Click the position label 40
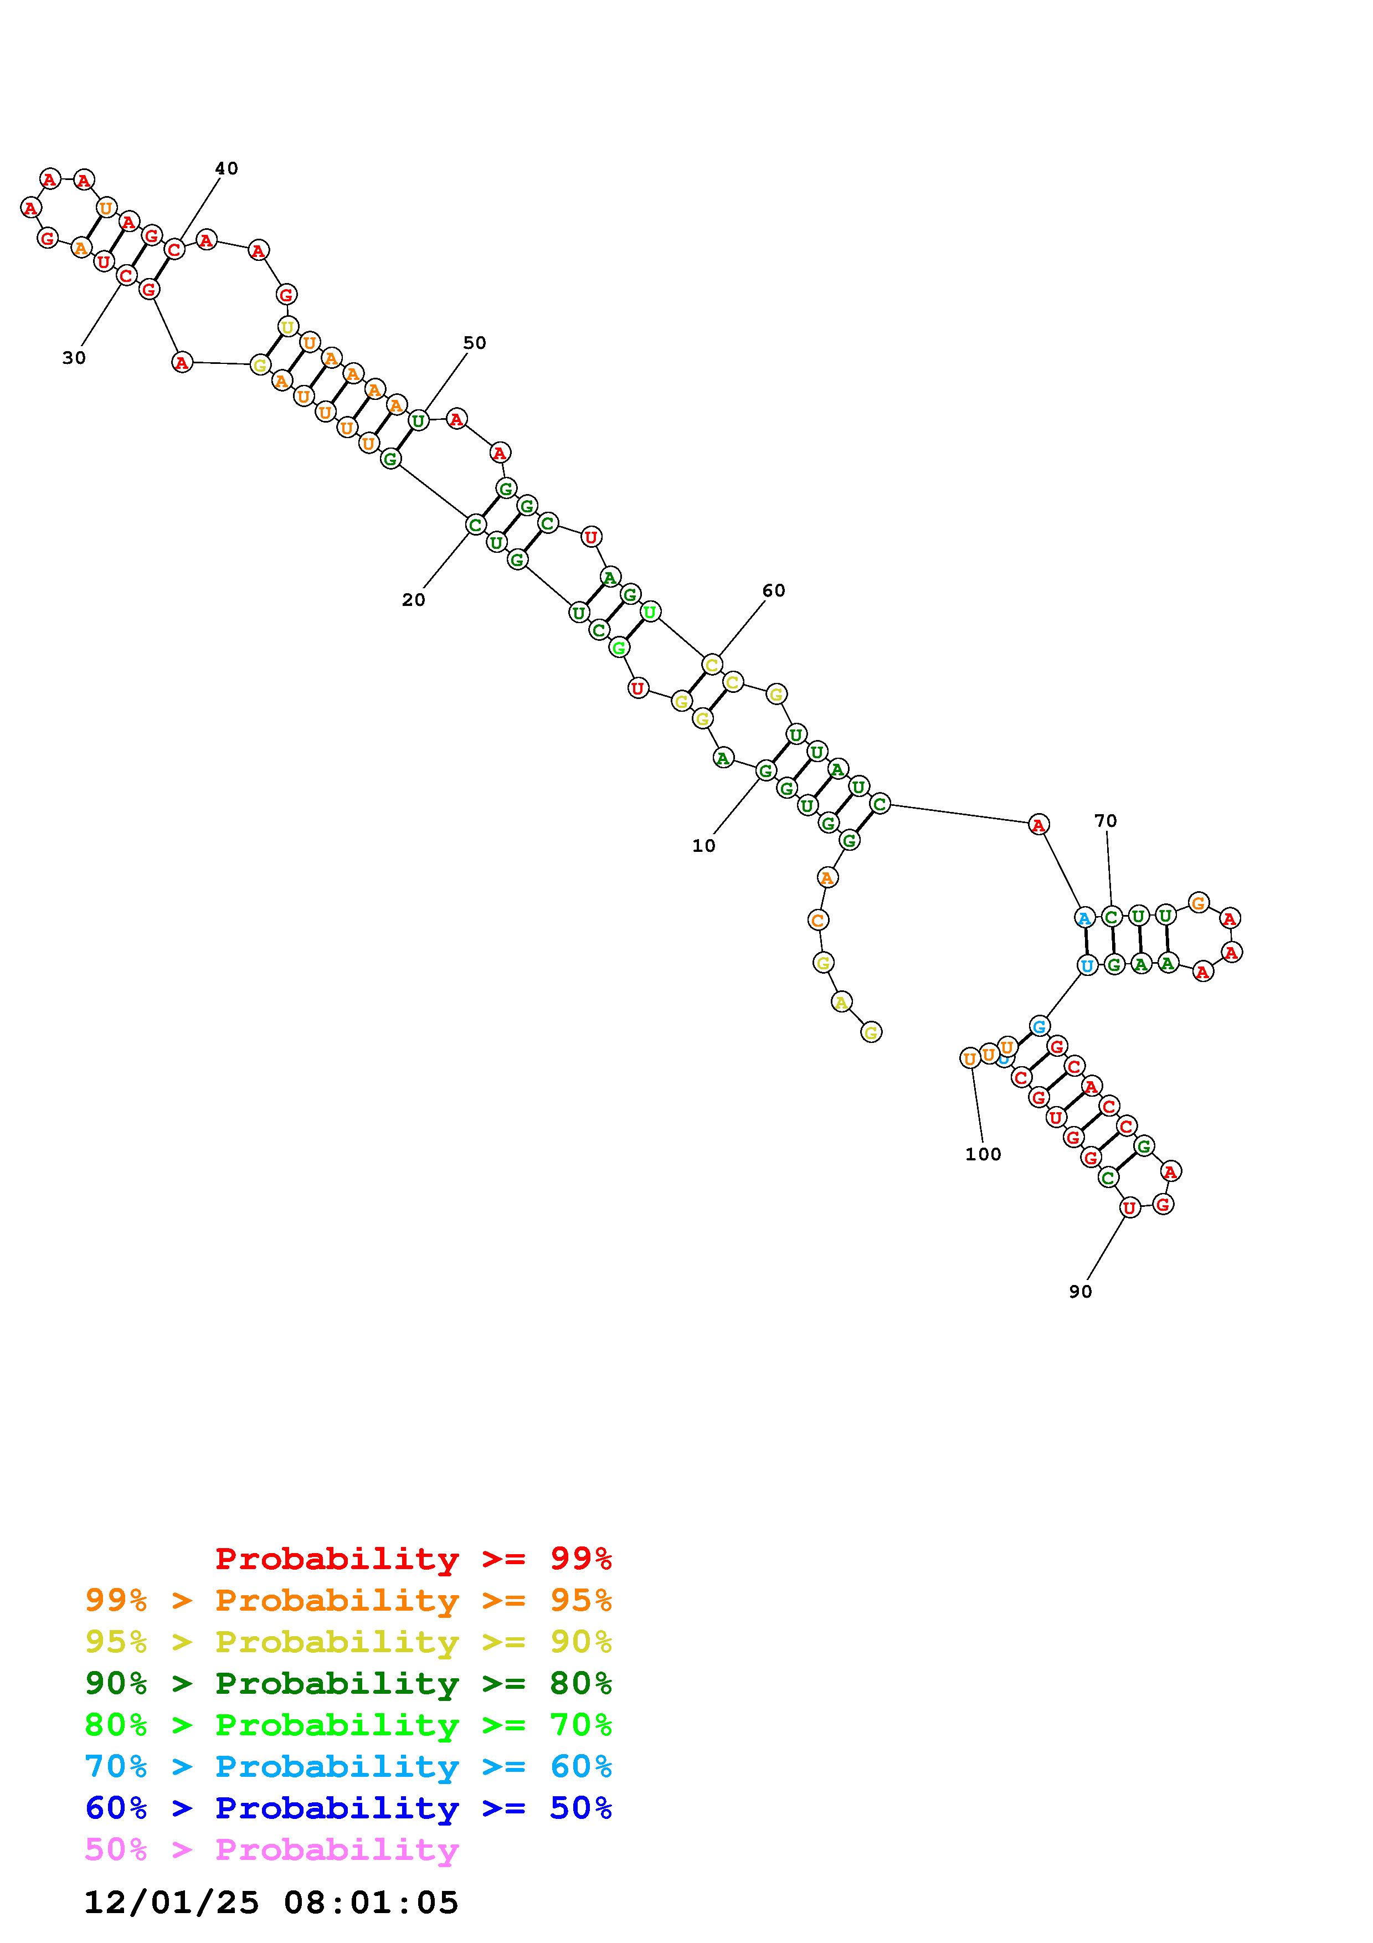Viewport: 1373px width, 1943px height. click(226, 168)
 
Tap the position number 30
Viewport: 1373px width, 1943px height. click(74, 358)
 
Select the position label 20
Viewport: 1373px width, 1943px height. click(413, 600)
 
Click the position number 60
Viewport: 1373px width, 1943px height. click(773, 590)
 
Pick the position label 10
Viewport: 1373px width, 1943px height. click(703, 845)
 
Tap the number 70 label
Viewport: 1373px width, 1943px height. click(1105, 821)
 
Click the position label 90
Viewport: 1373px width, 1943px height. click(1081, 1292)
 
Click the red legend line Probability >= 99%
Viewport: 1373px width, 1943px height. click(413, 1559)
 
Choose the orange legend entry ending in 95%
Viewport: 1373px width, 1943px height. click(348, 1600)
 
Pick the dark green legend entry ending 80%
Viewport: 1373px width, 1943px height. click(348, 1683)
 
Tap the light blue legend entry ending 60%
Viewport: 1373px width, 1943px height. click(348, 1766)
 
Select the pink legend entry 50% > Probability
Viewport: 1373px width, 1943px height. click(271, 1849)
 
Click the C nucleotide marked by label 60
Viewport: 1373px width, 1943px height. click(712, 664)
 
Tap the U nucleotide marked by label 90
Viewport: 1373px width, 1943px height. click(1129, 1207)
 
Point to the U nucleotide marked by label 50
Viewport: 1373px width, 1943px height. click(418, 420)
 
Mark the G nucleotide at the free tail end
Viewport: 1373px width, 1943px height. click(871, 1031)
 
